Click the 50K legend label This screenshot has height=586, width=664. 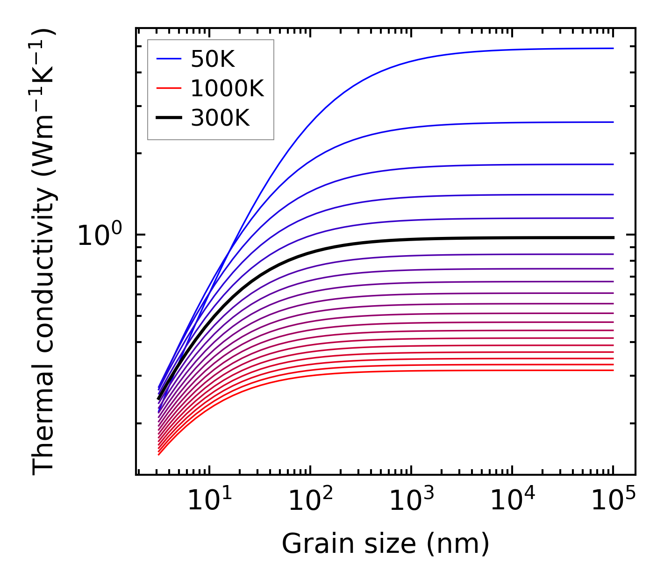tap(213, 59)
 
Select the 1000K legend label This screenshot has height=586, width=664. tap(227, 88)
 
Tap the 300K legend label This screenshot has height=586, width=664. tap(220, 118)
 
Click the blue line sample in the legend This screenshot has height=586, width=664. tap(168, 59)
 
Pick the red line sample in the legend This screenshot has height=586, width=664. tap(168, 88)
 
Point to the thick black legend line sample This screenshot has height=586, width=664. tap(168, 118)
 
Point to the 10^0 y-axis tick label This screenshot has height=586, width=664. tap(99, 235)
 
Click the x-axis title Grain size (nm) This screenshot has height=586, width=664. tap(385, 544)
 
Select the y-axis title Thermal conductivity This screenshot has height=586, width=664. tap(44, 252)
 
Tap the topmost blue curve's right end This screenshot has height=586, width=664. tap(612, 48)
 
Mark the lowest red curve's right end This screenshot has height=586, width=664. tap(612, 371)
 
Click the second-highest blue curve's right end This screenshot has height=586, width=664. tap(612, 122)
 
